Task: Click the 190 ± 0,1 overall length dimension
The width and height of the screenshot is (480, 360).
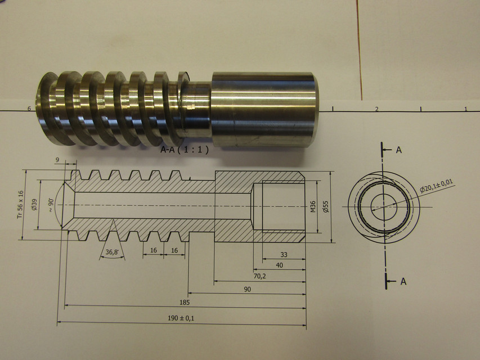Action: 181,318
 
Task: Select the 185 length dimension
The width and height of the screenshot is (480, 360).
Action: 184,302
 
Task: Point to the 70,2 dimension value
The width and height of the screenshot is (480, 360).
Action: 259,276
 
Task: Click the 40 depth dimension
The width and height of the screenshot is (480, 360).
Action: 279,265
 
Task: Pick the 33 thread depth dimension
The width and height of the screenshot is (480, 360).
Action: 283,255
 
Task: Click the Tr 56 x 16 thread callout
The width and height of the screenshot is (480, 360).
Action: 19,204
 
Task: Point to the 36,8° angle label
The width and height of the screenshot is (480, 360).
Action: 113,253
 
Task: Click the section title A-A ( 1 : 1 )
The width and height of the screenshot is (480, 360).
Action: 185,150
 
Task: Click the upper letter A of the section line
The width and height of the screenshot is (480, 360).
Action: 398,150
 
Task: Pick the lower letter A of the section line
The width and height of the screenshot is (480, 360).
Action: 403,282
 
